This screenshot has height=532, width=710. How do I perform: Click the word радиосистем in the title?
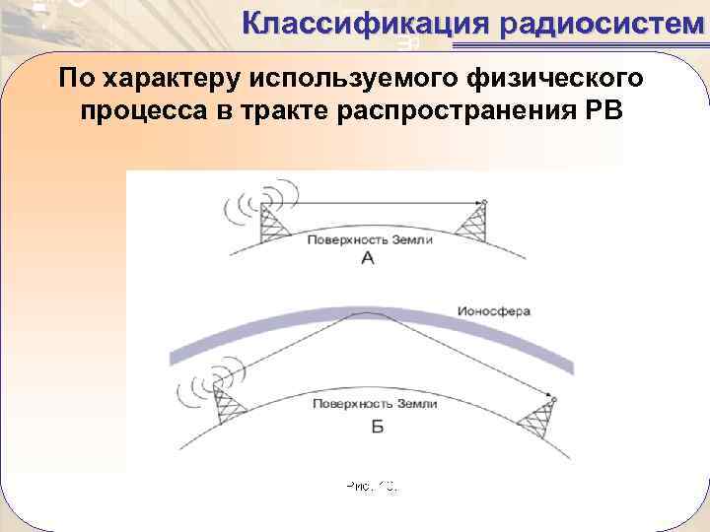tap(603, 22)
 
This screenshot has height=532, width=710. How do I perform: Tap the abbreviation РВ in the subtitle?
tap(603, 109)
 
